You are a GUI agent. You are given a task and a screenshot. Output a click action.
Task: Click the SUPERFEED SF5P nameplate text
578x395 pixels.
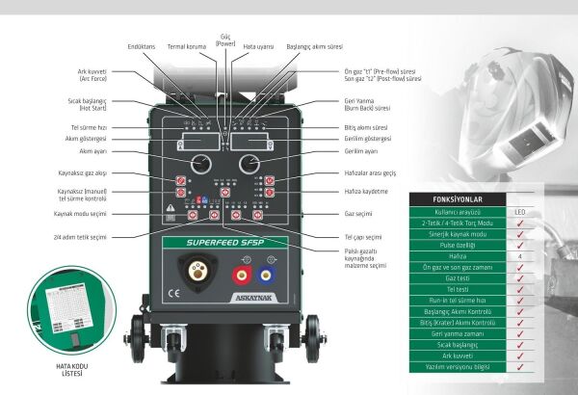224,243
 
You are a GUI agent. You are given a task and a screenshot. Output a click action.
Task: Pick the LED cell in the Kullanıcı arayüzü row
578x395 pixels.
519,211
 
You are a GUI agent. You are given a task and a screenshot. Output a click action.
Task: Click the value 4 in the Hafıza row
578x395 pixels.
519,256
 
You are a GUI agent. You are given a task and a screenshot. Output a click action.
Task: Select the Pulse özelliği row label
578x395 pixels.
456,245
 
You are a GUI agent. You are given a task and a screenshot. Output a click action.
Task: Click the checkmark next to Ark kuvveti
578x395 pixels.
519,355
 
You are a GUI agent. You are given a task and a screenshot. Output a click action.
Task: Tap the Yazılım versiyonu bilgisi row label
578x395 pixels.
456,367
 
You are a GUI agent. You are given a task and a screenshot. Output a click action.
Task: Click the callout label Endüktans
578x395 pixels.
143,45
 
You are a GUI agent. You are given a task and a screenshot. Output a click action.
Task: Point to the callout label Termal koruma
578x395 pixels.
189,45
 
